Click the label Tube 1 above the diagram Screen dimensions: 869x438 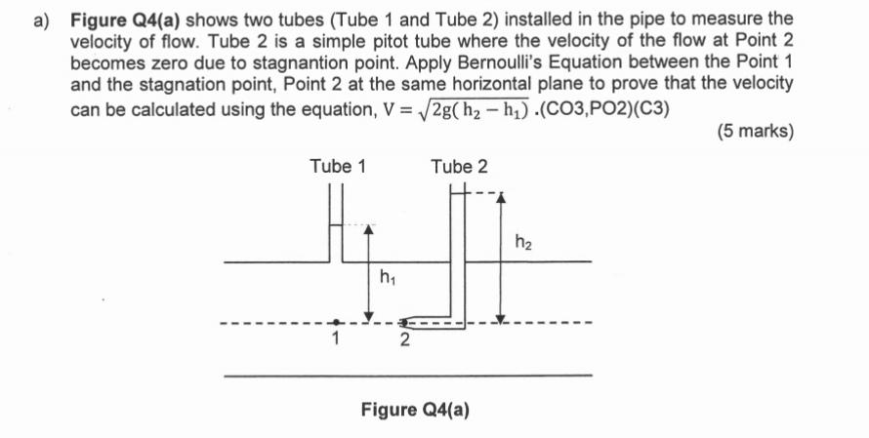click(338, 166)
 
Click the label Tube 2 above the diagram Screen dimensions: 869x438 click(459, 167)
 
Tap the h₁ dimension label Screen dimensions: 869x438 click(387, 280)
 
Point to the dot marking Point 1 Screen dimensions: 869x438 click(335, 321)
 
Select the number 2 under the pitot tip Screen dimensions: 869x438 click(403, 341)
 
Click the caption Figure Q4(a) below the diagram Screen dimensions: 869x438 click(415, 409)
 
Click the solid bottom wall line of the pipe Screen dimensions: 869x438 click(407, 375)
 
